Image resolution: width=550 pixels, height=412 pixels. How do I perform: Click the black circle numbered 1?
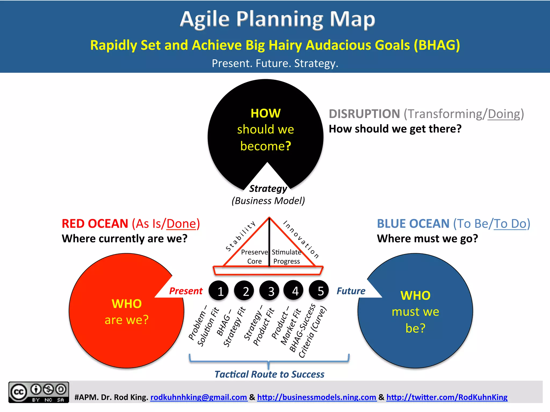click(x=219, y=290)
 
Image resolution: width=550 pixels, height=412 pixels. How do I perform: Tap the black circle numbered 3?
click(x=269, y=290)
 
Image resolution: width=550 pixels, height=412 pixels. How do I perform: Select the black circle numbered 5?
click(x=319, y=290)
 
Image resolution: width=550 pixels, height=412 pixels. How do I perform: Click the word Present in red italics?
click(x=186, y=291)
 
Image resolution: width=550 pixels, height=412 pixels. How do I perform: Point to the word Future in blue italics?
click(x=351, y=291)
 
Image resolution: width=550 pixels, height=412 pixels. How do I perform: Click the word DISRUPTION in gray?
click(x=364, y=114)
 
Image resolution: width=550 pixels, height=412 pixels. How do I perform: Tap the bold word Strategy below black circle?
click(x=268, y=189)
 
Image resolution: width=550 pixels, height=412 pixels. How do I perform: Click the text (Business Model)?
click(x=268, y=201)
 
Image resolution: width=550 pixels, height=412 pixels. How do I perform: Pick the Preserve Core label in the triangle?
click(x=254, y=257)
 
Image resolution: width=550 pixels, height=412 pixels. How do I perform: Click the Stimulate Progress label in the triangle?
click(x=286, y=257)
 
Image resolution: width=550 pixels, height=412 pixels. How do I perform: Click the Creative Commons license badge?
click(x=39, y=392)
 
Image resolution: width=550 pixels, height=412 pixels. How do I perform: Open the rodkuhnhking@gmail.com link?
click(x=198, y=397)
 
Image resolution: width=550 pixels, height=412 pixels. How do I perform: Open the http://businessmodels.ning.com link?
click(x=316, y=397)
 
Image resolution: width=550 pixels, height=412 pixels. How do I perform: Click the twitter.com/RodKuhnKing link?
click(x=447, y=397)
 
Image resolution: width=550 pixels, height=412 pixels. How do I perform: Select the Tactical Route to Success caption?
click(x=269, y=374)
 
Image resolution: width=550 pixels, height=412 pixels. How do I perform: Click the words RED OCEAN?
click(x=95, y=224)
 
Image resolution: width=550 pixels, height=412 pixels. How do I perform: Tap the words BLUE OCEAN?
click(x=413, y=224)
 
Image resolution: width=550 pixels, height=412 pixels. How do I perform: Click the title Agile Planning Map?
click(x=277, y=19)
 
